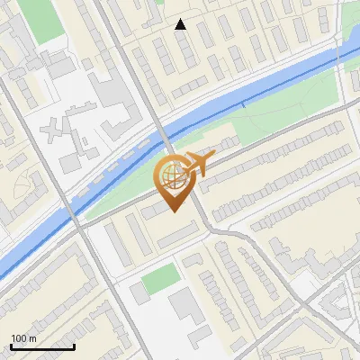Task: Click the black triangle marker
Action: [181, 24]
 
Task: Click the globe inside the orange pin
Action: [171, 175]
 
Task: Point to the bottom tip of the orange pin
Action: [173, 211]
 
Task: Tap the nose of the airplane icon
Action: [212, 159]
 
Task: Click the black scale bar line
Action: [42, 346]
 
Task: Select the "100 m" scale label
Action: [24, 338]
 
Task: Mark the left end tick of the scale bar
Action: [11, 346]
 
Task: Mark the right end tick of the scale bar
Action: [74, 346]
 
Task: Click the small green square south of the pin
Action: [160, 278]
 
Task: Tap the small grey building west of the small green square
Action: [137, 293]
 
